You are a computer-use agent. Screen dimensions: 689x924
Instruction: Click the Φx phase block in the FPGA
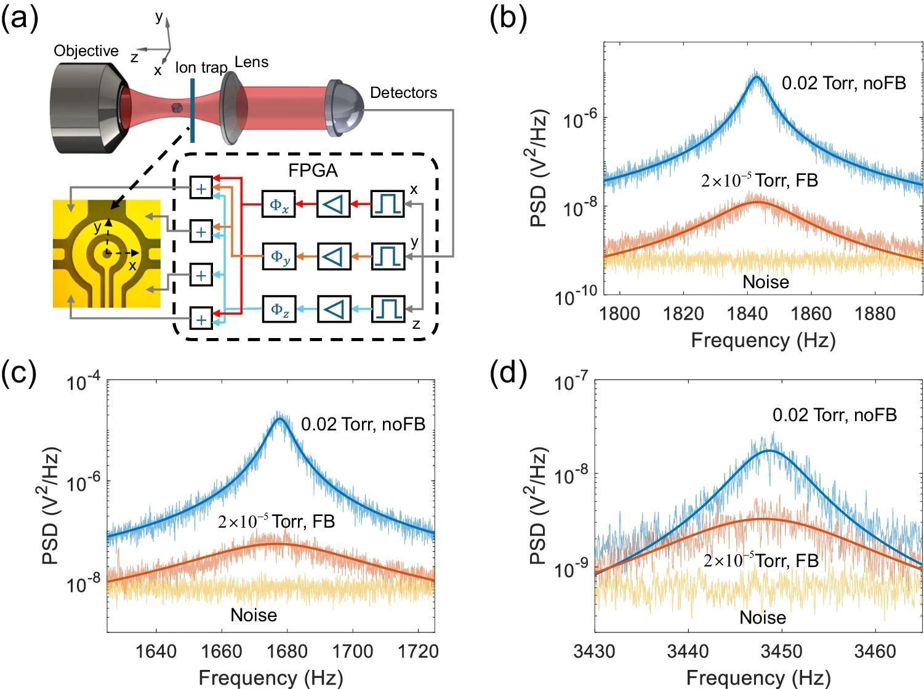click(x=279, y=205)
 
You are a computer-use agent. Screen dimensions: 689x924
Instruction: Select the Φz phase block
click(x=279, y=308)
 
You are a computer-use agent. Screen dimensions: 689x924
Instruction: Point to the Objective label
click(x=86, y=50)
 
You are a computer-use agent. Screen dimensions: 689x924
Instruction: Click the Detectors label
click(x=404, y=93)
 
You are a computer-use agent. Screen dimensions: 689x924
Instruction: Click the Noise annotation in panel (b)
click(x=765, y=282)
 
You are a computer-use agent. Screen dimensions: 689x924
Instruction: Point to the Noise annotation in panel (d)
click(x=763, y=618)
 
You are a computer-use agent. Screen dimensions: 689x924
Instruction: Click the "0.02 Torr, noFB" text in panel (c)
click(x=363, y=424)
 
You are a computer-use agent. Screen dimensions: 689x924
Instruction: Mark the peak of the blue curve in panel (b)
click(x=757, y=76)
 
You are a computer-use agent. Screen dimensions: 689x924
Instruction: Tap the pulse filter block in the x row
click(x=388, y=205)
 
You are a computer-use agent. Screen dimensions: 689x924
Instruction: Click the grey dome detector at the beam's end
click(x=345, y=108)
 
